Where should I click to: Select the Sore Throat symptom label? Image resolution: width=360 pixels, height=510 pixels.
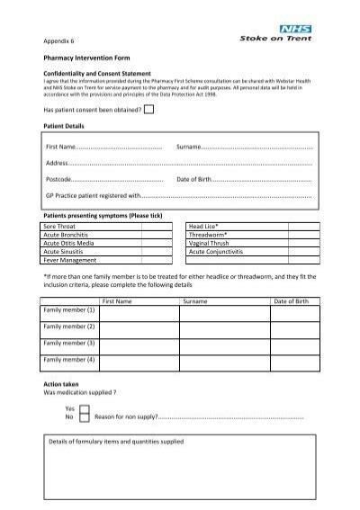(62, 227)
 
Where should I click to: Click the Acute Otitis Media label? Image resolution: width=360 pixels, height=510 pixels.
(71, 243)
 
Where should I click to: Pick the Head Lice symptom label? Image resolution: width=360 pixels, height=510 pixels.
(203, 227)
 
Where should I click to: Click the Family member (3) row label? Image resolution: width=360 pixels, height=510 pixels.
(69, 343)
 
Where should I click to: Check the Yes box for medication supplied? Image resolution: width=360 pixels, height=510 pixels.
(84, 407)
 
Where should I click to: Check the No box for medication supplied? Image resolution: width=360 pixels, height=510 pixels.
(84, 417)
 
